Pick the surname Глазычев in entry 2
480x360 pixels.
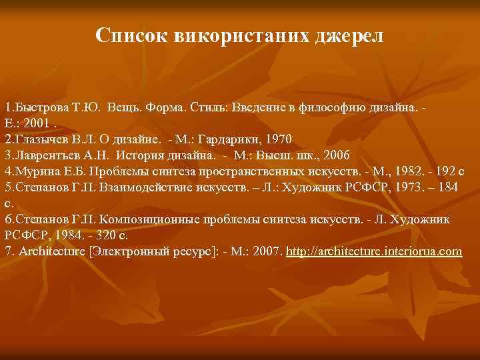40,139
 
